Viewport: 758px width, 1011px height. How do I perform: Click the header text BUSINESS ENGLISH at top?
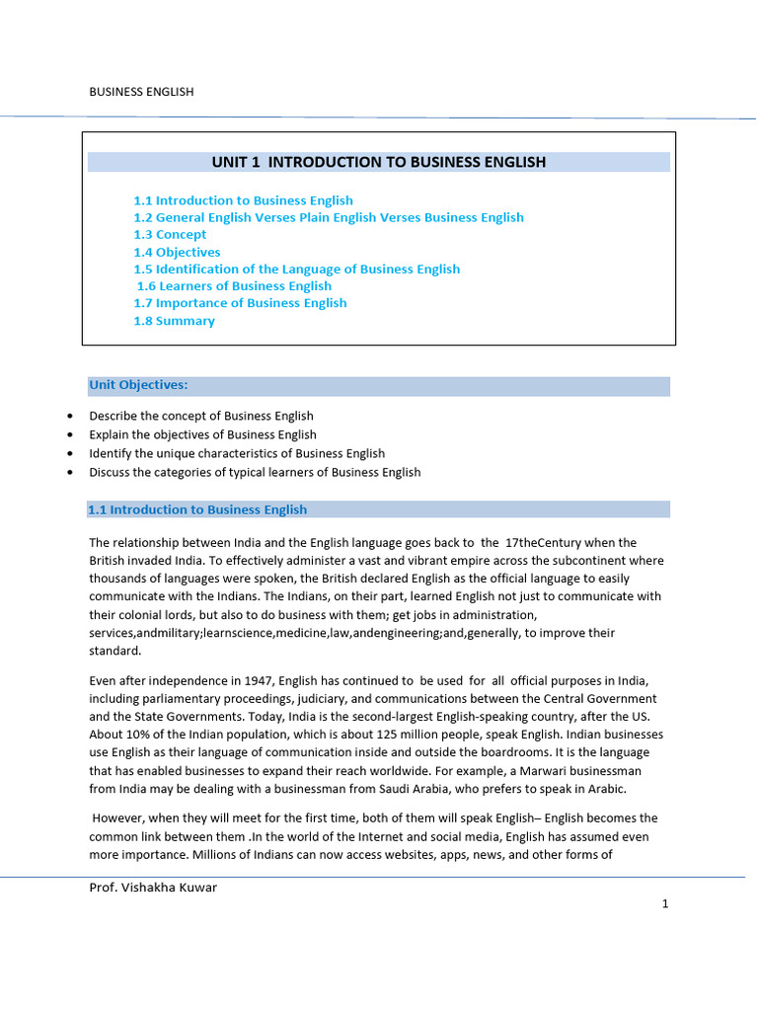pos(141,92)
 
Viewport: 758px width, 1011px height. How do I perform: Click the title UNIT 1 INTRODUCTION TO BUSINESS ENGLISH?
pos(379,162)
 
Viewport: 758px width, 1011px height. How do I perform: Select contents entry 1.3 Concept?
pos(170,235)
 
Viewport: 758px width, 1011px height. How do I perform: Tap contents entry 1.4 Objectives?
pos(177,252)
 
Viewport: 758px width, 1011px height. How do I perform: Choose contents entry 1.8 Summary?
pos(174,321)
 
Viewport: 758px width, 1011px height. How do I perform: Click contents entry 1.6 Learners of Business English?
pos(234,286)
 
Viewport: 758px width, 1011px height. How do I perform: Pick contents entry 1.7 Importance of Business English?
pos(240,303)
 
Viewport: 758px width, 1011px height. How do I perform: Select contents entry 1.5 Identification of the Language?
pos(296,269)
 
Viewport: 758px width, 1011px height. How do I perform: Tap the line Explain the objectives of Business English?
pos(202,434)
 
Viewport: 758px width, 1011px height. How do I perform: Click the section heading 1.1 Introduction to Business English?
pos(197,510)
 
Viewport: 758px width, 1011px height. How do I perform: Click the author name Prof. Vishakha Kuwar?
pos(153,888)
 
